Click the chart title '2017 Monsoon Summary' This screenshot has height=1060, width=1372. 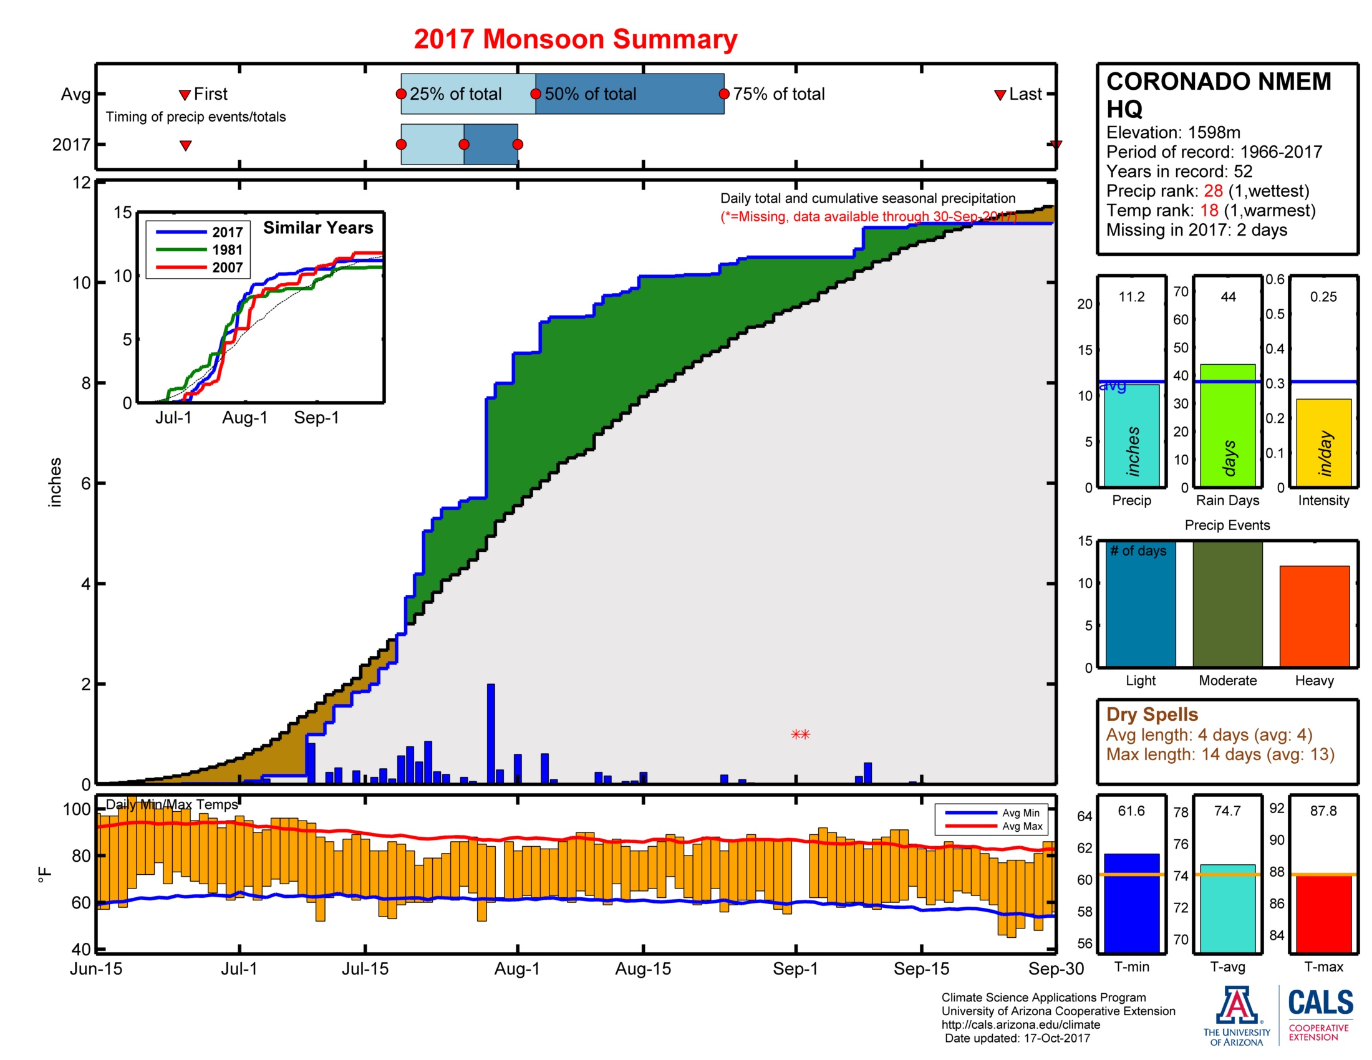575,39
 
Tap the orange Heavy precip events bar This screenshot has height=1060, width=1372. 1313,615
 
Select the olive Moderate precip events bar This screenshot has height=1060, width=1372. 1227,603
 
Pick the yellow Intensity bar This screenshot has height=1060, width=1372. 1323,442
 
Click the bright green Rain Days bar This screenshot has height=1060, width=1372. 1227,425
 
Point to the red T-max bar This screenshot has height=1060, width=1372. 1323,913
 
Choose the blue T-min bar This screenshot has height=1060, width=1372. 1131,902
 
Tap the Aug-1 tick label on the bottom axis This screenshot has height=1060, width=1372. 516,968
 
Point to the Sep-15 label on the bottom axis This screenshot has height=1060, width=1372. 921,968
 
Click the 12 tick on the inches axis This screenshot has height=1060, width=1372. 82,183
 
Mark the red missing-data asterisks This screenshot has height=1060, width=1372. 800,734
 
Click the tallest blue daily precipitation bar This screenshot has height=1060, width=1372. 491,733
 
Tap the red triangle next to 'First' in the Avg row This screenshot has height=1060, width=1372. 185,95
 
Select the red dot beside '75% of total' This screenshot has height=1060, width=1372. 723,94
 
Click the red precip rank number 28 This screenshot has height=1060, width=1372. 1212,191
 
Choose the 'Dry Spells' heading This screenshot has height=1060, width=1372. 1151,714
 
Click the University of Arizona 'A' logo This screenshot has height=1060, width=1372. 1235,1005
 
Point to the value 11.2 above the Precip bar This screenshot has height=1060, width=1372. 1131,296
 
